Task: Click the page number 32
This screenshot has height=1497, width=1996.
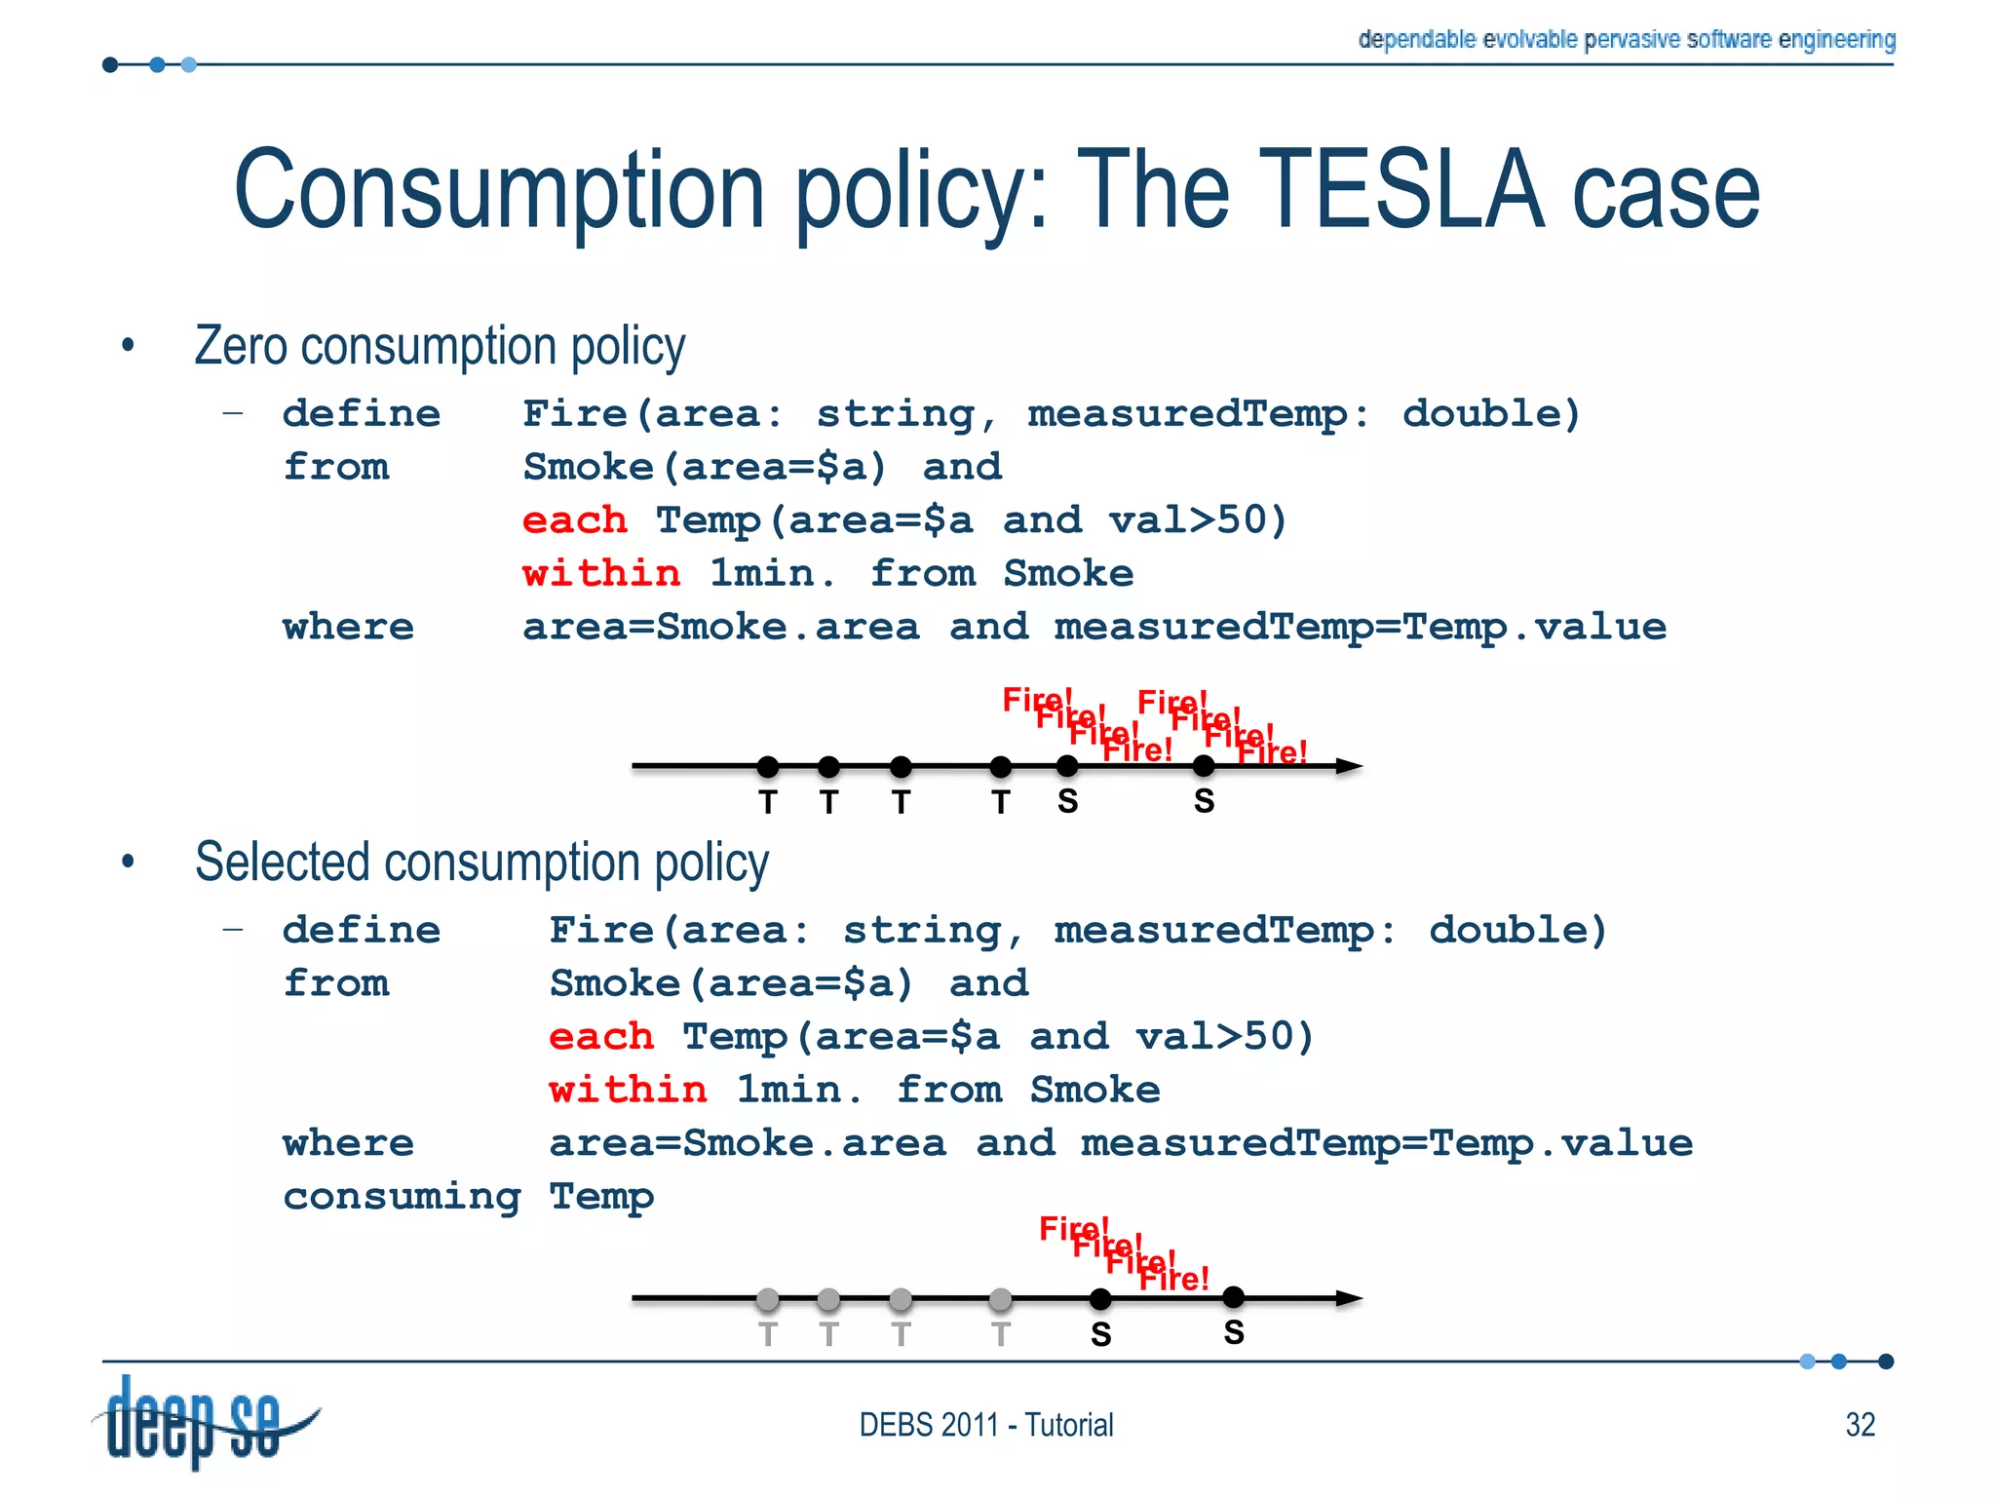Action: tap(1860, 1425)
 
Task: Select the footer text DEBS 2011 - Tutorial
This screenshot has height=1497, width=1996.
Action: tap(985, 1425)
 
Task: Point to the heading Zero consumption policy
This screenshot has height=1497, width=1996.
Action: tap(440, 346)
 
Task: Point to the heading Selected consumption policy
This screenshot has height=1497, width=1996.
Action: tap(481, 863)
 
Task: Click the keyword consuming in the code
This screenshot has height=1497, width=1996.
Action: tap(402, 1196)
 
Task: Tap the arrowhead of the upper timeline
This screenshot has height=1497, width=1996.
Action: tap(1350, 766)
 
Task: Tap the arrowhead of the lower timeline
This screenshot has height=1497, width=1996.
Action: tap(1350, 1298)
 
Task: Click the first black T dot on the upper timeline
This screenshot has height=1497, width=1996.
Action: tap(768, 766)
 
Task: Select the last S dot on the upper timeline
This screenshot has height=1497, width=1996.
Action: tap(1204, 766)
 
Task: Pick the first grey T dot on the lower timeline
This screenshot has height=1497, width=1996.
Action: tap(768, 1298)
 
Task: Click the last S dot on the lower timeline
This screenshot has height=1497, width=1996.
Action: tap(1233, 1297)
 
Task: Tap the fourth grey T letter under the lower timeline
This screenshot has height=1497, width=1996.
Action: tap(1000, 1333)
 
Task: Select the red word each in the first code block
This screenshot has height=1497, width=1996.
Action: tap(575, 520)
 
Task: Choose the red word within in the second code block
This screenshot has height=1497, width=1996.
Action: tap(628, 1090)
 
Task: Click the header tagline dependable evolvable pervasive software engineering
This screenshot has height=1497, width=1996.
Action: tap(1626, 39)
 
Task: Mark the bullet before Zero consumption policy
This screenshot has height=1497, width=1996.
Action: tap(128, 345)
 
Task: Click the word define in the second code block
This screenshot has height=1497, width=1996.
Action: tap(362, 930)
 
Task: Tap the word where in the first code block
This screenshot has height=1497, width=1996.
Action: tap(348, 627)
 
